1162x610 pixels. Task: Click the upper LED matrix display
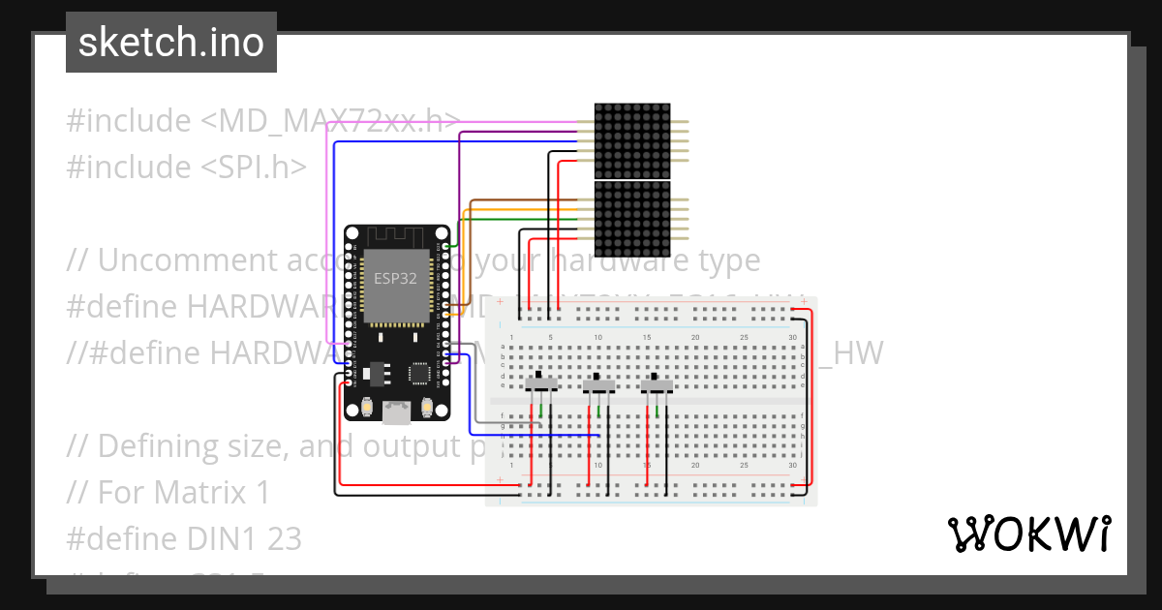click(631, 140)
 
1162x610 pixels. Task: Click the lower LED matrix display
click(631, 217)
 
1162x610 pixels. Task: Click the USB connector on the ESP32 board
click(397, 413)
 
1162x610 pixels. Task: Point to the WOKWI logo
click(1027, 534)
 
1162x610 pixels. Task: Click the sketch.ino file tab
click(171, 43)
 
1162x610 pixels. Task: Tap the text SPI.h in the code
click(260, 168)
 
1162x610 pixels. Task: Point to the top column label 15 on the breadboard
click(647, 337)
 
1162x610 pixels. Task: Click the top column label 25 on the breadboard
click(744, 337)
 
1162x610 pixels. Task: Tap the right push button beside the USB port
click(427, 408)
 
